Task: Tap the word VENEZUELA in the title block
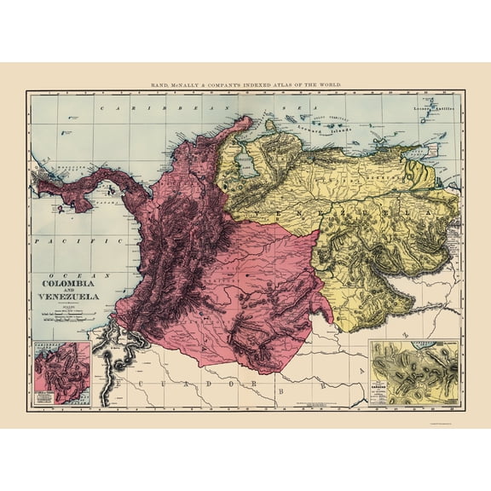(66, 297)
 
